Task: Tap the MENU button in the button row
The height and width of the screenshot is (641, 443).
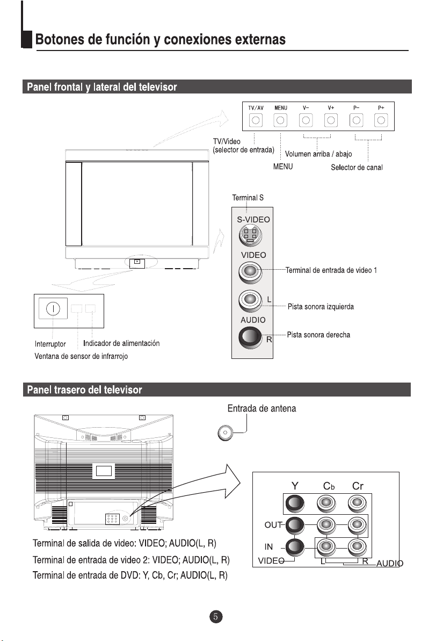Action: (281, 120)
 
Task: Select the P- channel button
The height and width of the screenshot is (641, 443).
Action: (356, 120)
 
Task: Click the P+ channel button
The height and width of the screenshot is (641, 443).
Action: (381, 120)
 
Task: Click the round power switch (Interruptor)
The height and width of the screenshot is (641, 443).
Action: (52, 309)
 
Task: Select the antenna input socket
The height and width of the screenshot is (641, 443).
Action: (226, 432)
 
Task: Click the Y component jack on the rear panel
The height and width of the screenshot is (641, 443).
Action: (295, 504)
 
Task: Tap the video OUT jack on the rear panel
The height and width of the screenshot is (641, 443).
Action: (295, 525)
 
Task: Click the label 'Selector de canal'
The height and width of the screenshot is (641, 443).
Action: (356, 168)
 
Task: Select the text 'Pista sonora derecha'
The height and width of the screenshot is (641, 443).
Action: (318, 335)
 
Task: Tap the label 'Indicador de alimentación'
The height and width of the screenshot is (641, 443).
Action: (121, 343)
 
